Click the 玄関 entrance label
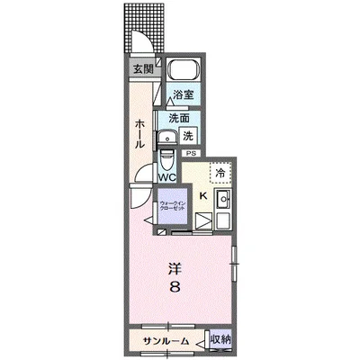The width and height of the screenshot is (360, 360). [143, 69]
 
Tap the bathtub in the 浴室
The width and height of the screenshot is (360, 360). [184, 69]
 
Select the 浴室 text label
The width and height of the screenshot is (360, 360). [183, 94]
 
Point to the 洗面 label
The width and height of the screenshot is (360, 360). [179, 118]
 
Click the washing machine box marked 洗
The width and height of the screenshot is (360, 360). [188, 136]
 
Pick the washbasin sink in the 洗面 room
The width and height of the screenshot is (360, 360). [167, 138]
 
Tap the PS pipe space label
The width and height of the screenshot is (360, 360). [191, 153]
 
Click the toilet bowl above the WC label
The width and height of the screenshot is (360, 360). [166, 159]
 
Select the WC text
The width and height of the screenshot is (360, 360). [166, 177]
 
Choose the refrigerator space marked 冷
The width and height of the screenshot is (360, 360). [220, 173]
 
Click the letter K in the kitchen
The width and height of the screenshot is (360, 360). [203, 196]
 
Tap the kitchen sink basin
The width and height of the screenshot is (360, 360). [223, 199]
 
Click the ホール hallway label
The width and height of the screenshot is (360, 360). [139, 134]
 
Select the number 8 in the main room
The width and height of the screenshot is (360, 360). [175, 287]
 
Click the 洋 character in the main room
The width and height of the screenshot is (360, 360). [175, 269]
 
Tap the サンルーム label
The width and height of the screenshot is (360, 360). [166, 341]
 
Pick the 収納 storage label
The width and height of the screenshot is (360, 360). [220, 339]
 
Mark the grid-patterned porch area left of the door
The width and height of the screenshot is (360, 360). [128, 29]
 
